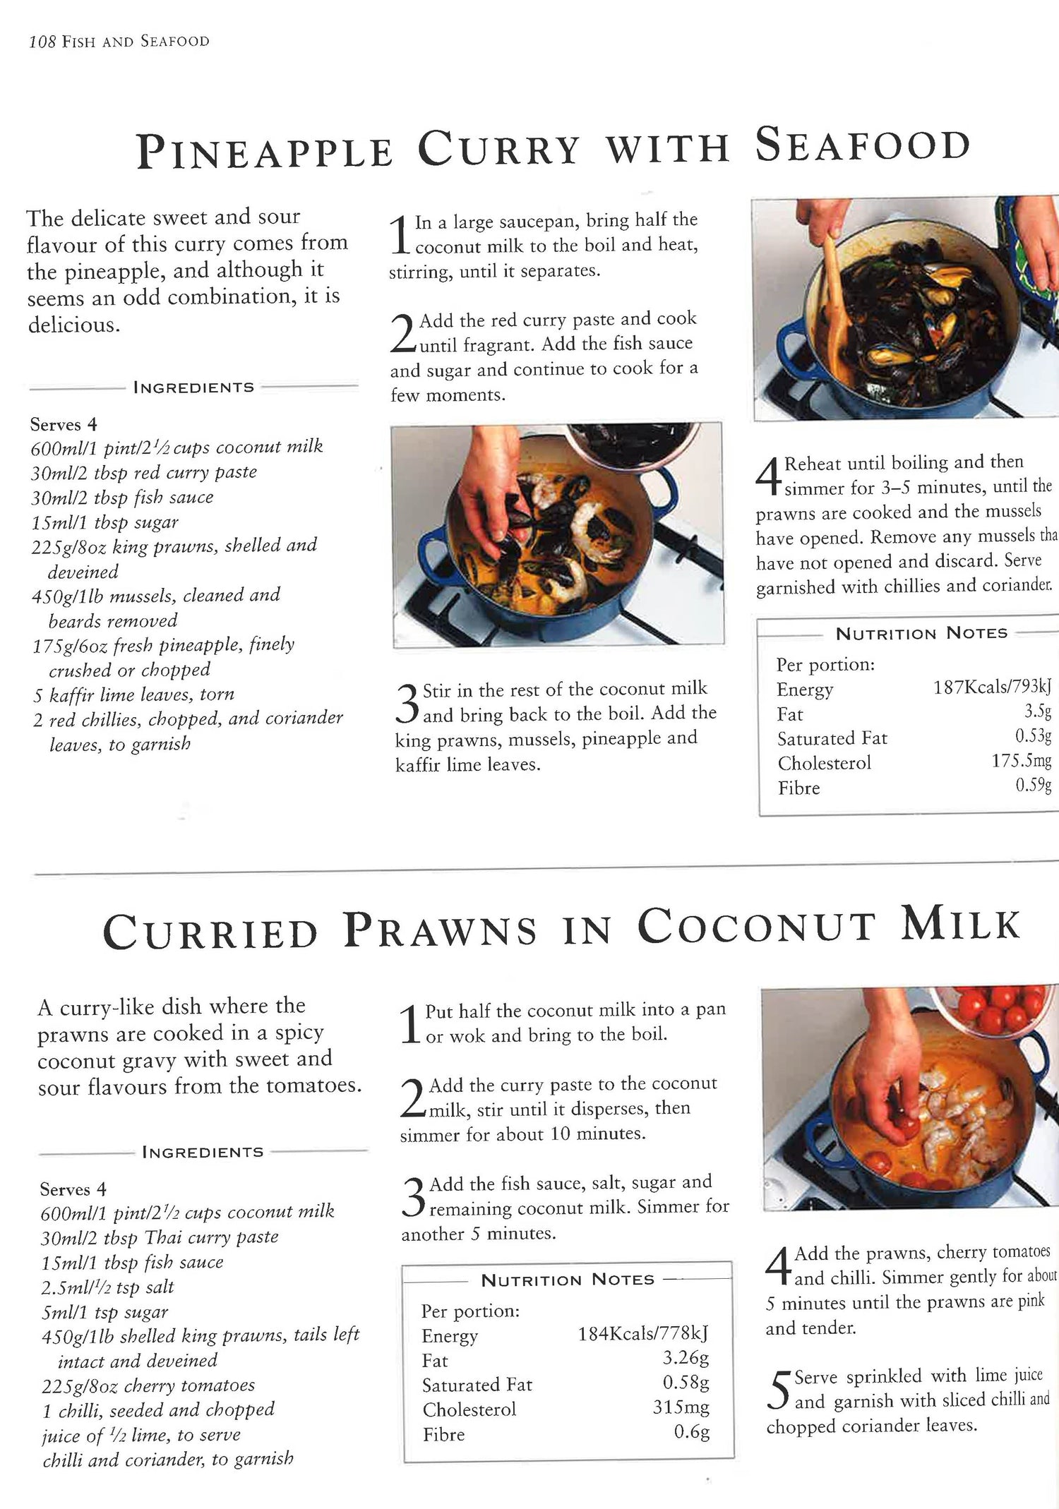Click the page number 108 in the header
click(42, 42)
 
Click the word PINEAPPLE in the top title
click(265, 150)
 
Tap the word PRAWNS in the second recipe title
click(441, 930)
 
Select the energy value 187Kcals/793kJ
click(992, 687)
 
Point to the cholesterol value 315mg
click(681, 1407)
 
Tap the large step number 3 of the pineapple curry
click(407, 703)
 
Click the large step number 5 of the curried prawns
click(778, 1390)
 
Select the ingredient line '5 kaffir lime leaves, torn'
click(133, 695)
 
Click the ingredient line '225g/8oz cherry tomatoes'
click(148, 1385)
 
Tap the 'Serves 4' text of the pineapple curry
click(64, 424)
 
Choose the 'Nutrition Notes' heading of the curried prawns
click(568, 1280)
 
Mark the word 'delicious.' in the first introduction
click(73, 325)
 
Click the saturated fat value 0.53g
click(1034, 737)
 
